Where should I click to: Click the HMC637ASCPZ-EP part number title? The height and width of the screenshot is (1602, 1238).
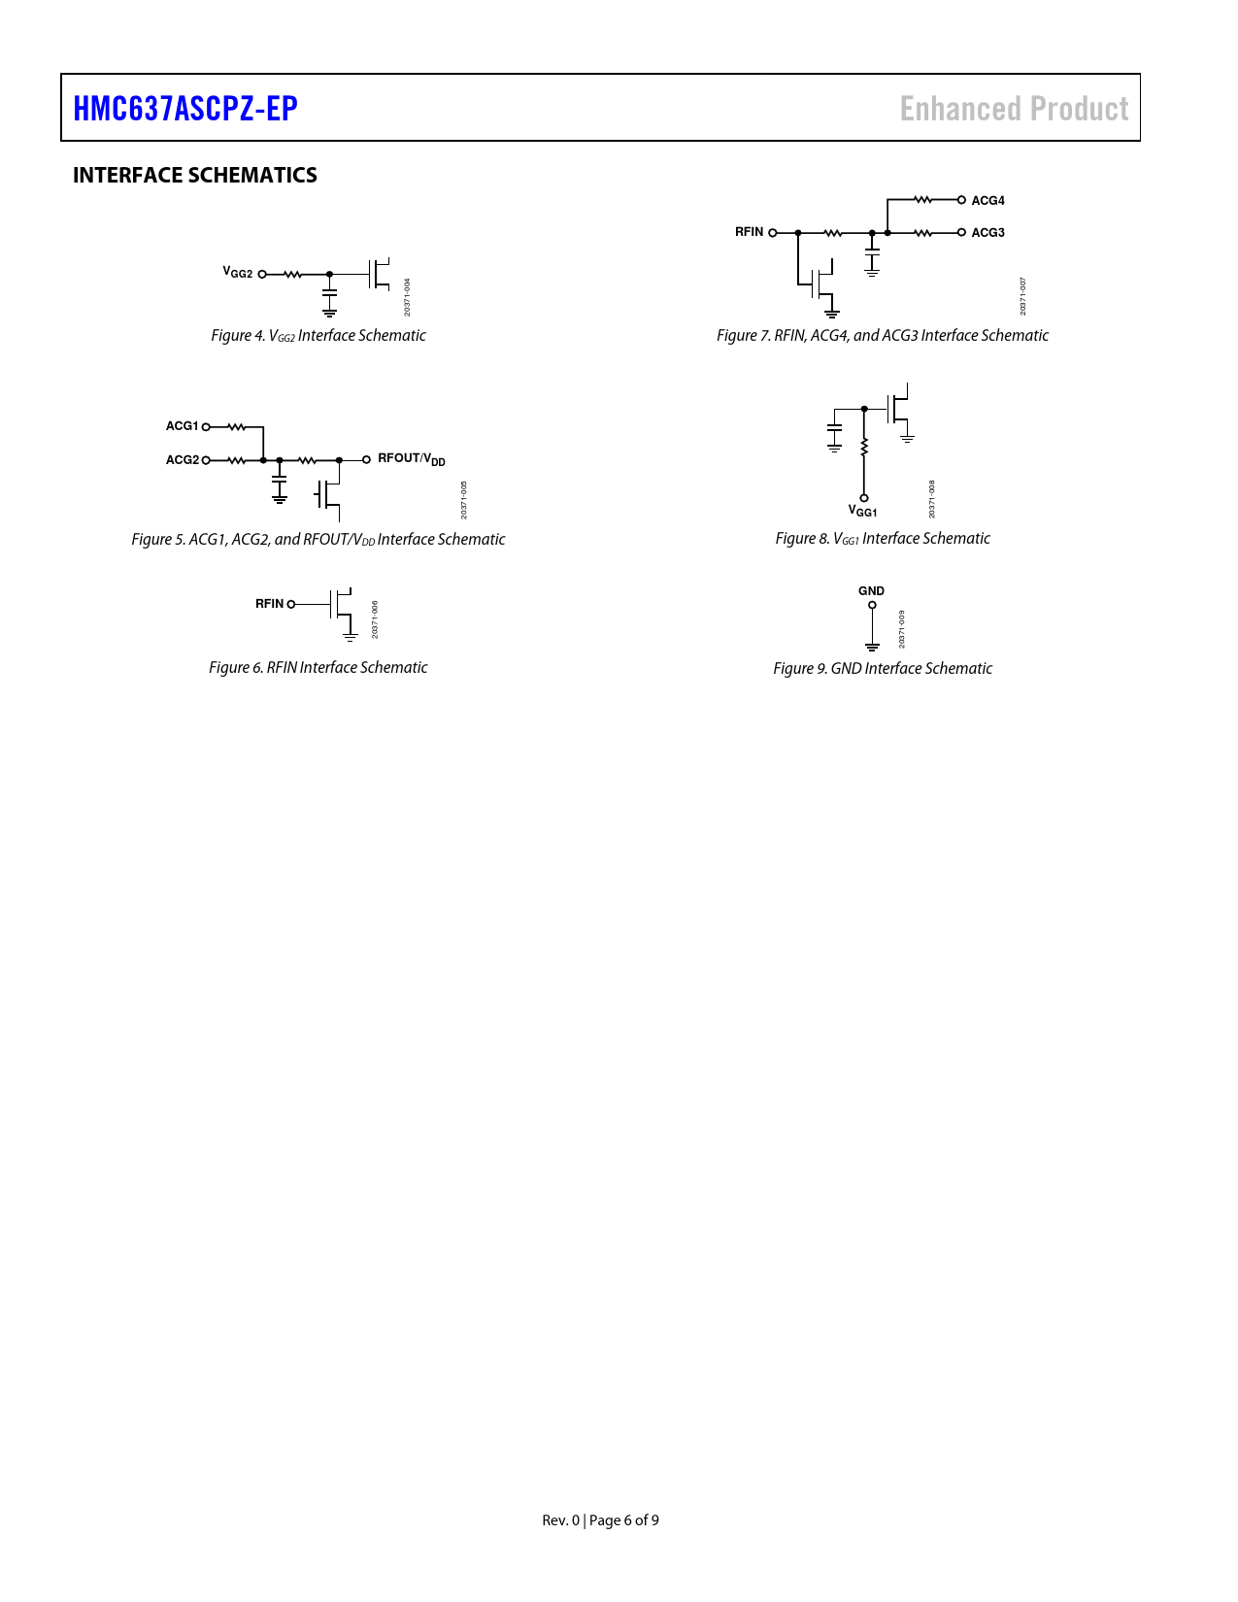coord(185,109)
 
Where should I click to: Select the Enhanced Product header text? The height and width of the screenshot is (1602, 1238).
coord(1014,109)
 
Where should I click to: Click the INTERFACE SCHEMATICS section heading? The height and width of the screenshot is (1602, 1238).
coord(194,175)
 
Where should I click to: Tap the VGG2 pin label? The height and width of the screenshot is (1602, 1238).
coord(238,273)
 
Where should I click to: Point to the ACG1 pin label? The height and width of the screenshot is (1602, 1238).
coord(183,426)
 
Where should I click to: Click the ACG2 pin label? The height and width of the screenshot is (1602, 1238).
coord(183,460)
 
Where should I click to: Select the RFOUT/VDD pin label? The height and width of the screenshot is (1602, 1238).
coord(412,459)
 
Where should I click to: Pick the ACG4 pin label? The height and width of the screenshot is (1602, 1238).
coord(988,201)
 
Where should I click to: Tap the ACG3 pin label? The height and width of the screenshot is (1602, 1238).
coord(988,233)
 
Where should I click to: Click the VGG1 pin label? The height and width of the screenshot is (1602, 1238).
coord(862,511)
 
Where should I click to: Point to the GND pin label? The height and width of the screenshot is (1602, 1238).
coord(871,591)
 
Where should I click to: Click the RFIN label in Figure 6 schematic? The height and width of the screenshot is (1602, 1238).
coord(269,604)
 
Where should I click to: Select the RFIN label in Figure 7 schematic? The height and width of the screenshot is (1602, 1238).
coord(750,232)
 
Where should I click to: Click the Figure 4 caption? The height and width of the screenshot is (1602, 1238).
coord(318,335)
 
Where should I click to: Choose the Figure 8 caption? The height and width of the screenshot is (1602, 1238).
coord(883,538)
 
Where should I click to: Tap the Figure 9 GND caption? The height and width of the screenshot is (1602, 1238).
coord(883,668)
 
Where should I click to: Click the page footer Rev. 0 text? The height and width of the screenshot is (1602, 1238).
coord(560,1520)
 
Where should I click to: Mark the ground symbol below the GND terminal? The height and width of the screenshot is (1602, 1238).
coord(872,648)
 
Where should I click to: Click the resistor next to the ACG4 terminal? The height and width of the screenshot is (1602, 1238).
coord(922,200)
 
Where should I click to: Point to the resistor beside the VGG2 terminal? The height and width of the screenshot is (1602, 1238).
coord(292,274)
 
